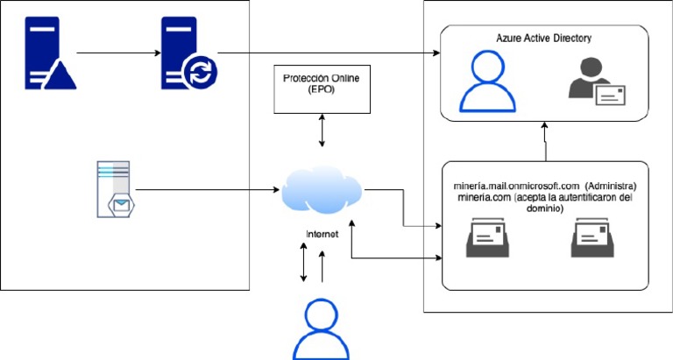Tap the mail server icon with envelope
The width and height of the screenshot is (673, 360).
coord(114,188)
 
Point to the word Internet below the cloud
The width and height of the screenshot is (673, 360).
coord(322,234)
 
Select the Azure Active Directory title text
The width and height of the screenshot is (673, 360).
coord(544,39)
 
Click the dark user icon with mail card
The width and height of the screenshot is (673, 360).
coord(594,84)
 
